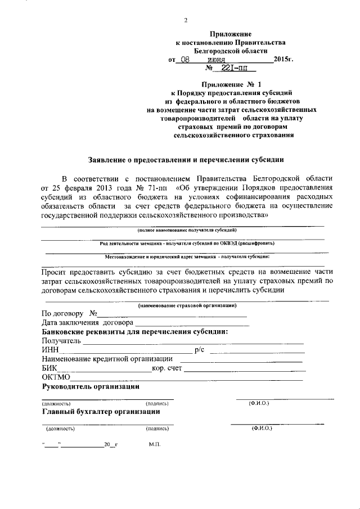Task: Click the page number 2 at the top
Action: click(186, 21)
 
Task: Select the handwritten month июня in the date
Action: click(217, 58)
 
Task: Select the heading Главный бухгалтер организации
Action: click(101, 411)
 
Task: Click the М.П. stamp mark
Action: click(155, 445)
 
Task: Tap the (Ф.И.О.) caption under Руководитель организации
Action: click(259, 403)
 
